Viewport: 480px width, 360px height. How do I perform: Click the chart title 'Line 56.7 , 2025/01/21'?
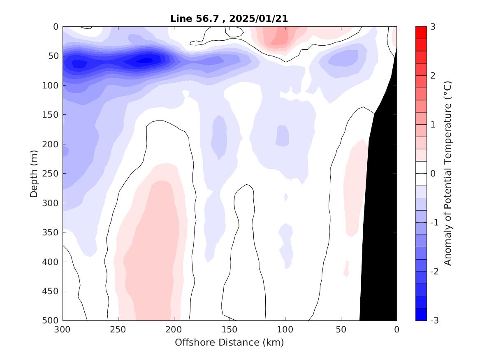tap(230, 19)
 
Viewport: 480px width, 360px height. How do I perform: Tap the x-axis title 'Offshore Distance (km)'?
tap(230, 342)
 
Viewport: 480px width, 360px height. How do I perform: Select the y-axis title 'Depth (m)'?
tap(34, 173)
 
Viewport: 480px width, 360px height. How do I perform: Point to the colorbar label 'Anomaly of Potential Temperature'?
tap(448, 173)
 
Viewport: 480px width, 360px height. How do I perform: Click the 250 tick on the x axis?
tap(118, 330)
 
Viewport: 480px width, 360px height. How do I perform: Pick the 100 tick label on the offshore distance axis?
tap(285, 330)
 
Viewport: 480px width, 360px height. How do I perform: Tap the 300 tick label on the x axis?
tap(63, 330)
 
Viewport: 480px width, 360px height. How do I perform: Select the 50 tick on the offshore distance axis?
tap(341, 330)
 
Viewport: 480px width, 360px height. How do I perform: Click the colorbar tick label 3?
tap(432, 27)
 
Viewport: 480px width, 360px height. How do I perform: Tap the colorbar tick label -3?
tap(434, 321)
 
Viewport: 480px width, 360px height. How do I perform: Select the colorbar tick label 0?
tap(432, 174)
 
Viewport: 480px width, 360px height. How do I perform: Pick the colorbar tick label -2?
tap(434, 272)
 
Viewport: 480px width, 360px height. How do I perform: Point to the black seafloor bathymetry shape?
tap(380, 206)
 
